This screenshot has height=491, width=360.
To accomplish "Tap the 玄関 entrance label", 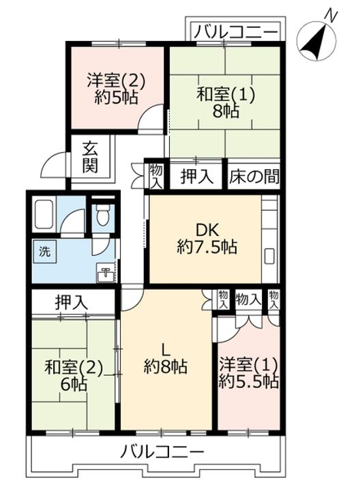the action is (90, 158).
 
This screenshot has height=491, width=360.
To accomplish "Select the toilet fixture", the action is (102, 214).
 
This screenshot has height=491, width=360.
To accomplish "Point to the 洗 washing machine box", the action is (45, 252).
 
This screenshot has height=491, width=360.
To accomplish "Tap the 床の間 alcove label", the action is (254, 177).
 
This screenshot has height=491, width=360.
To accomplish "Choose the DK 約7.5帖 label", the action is (207, 239).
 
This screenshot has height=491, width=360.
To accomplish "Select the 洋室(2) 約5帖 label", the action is (116, 89).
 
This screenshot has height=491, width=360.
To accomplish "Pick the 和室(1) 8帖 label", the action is (226, 102).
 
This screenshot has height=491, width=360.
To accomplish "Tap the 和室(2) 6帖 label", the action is (74, 376).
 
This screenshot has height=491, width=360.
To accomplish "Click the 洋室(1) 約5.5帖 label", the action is (248, 372).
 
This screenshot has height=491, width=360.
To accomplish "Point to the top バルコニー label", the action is (236, 31).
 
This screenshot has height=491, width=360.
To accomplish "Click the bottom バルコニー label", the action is (162, 452).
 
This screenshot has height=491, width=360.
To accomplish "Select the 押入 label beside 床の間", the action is (197, 177).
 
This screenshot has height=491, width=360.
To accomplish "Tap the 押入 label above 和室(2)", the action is (71, 302).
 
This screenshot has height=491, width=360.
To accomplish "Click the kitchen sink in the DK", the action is (269, 256).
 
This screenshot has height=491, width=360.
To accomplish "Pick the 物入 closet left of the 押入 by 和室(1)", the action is (156, 176).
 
